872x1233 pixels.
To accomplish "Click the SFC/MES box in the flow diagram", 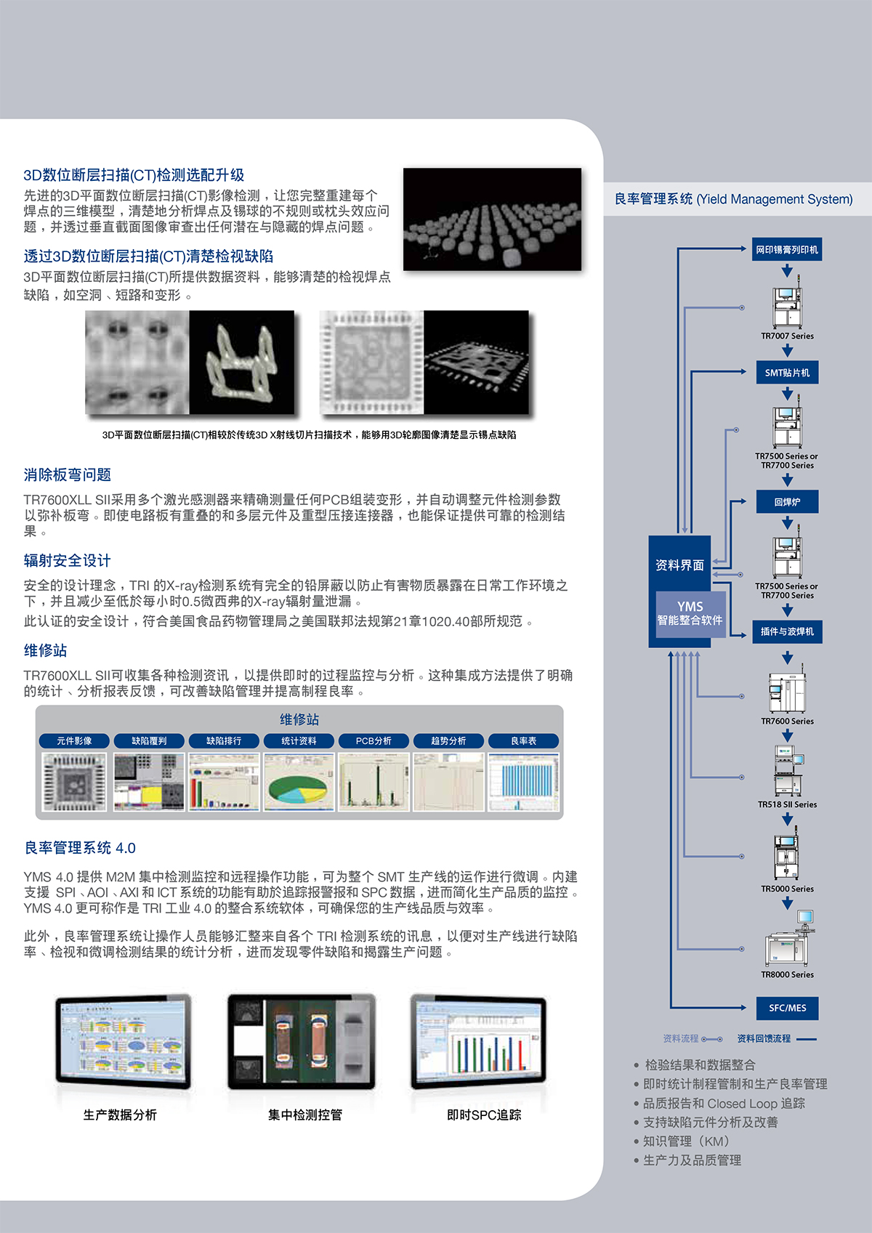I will (787, 1008).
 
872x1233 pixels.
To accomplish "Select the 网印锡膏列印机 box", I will (787, 250).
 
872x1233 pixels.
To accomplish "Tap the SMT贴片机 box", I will (787, 373).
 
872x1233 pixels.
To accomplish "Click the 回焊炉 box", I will (787, 502).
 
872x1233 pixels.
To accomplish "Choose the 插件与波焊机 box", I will (787, 631).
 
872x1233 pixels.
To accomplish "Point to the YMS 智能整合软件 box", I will (690, 613).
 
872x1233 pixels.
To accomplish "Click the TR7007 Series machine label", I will (787, 336).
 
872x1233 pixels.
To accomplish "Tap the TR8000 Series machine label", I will (787, 975).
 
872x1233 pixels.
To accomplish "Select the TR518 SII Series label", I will (787, 805).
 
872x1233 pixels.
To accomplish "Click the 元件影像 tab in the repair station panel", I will (74, 741).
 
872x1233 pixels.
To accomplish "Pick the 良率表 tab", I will (523, 741).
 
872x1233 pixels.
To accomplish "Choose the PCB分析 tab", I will (374, 741).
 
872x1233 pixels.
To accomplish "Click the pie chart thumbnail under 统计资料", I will (299, 782).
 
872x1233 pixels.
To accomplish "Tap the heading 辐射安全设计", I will (67, 561).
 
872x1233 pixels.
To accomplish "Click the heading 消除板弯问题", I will (67, 475).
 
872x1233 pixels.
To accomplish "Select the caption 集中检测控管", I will (304, 1115).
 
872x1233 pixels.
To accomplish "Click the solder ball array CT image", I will (492, 219).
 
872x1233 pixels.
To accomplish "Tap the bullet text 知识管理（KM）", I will (686, 1141).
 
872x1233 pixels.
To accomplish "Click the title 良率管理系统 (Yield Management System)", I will (733, 199).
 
